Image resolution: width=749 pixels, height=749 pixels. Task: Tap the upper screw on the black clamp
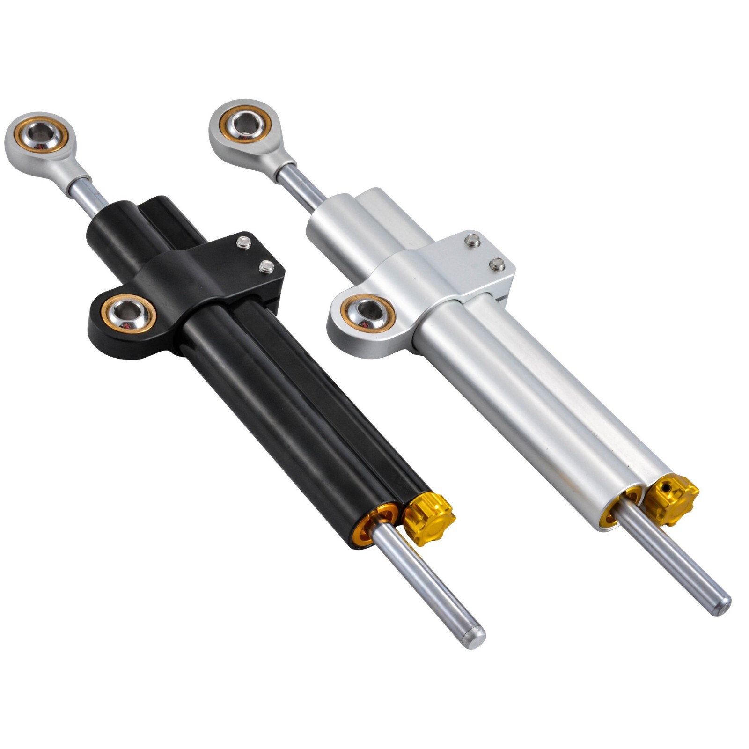[242, 242]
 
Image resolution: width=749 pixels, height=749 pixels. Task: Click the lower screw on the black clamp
[266, 267]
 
